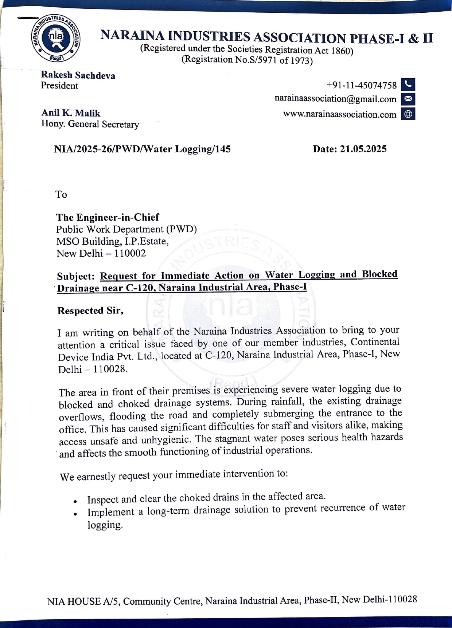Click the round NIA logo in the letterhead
point(56,38)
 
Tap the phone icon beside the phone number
point(408,84)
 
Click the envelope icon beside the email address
point(408,99)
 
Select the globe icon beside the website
point(408,114)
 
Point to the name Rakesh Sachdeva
point(78,75)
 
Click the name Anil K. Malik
point(71,113)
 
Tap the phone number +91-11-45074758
point(362,86)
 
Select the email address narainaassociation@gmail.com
point(335,99)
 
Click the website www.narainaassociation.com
point(340,115)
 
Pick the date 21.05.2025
point(363,149)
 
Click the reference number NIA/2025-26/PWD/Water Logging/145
point(142,149)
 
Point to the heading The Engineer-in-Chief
point(108,217)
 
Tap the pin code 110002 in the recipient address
point(130,253)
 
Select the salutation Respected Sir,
point(90,311)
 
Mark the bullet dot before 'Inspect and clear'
point(75,501)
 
